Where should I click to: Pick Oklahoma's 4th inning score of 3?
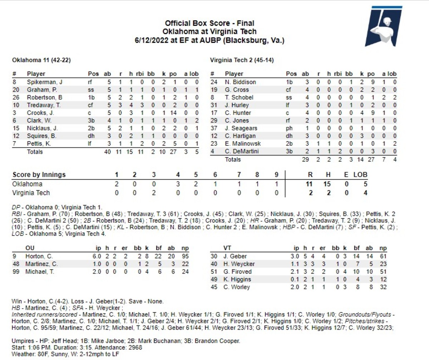coord(178,184)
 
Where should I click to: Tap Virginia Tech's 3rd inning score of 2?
coord(154,193)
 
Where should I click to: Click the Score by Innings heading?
coord(39,175)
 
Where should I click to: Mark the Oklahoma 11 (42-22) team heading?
coord(41,60)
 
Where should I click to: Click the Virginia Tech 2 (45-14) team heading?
coord(242,60)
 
